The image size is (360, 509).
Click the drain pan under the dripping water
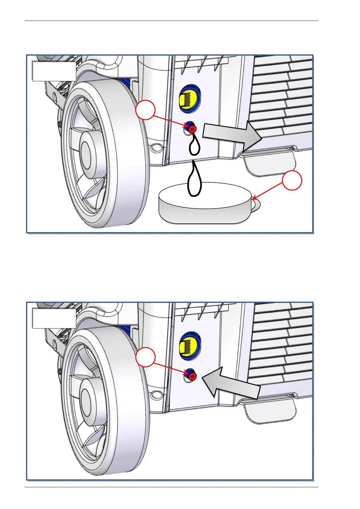[x=205, y=209]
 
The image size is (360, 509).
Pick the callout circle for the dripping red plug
[x=145, y=111]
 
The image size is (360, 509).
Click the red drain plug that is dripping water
[x=192, y=129]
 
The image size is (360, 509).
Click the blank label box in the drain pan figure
[x=54, y=71]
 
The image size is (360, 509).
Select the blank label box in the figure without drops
[x=54, y=318]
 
